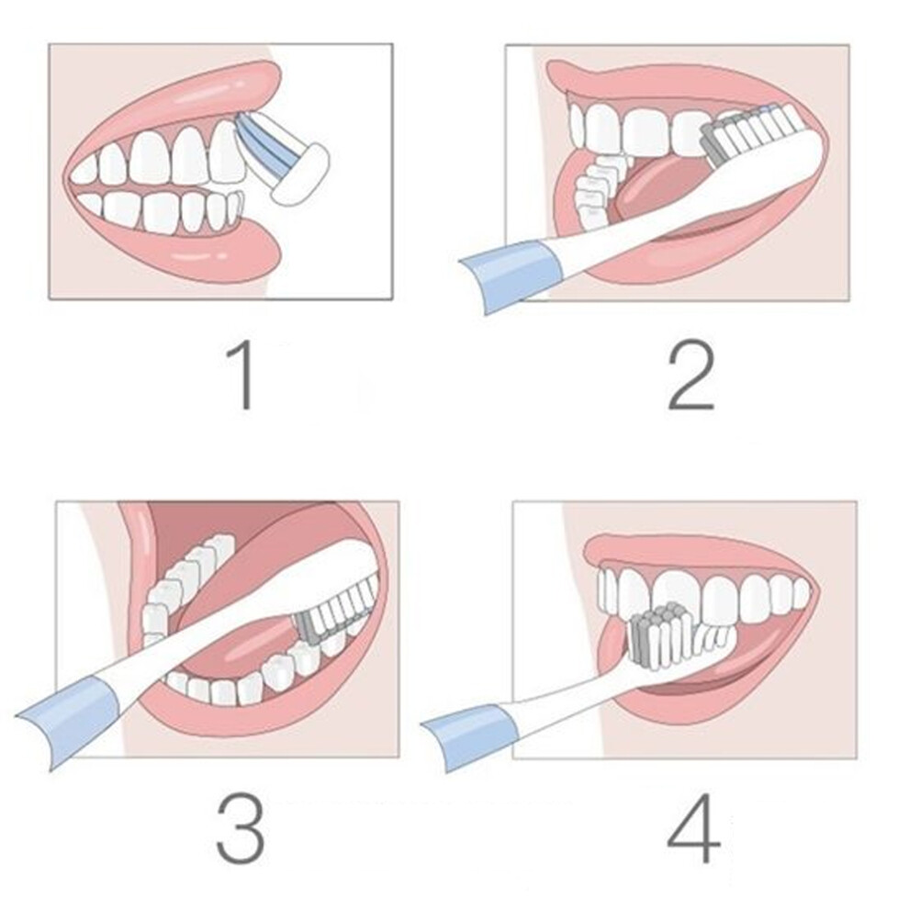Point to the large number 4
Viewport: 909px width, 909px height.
(693, 828)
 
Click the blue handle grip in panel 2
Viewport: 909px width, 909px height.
(511, 277)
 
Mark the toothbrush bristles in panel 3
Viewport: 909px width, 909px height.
(336, 609)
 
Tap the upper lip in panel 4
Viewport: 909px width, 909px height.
(696, 554)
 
